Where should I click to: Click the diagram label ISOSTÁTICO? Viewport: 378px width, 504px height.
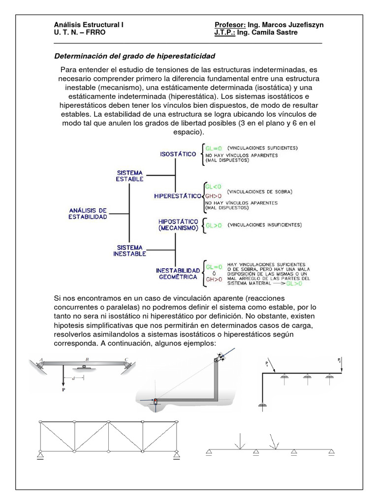coord(178,154)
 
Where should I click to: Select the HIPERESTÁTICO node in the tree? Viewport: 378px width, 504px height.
coord(178,195)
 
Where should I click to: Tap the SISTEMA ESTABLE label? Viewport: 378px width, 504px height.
coord(130,176)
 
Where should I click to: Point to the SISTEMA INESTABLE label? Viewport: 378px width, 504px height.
coord(130,251)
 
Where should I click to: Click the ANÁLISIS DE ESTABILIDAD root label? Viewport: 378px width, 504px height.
coord(88,214)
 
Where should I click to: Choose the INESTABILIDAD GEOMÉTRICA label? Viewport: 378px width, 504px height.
coord(178,274)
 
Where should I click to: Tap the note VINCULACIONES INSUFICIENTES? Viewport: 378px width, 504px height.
coord(264,225)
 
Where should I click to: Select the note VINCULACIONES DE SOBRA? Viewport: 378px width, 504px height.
coord(260,191)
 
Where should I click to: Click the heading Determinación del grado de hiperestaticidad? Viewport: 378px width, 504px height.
coord(134,56)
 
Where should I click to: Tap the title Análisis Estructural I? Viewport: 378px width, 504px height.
coord(89,25)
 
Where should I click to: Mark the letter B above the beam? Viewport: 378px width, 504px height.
coord(87,359)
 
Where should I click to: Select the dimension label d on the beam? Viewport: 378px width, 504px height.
coord(73,378)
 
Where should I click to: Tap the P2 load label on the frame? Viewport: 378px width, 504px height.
coord(340,361)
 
